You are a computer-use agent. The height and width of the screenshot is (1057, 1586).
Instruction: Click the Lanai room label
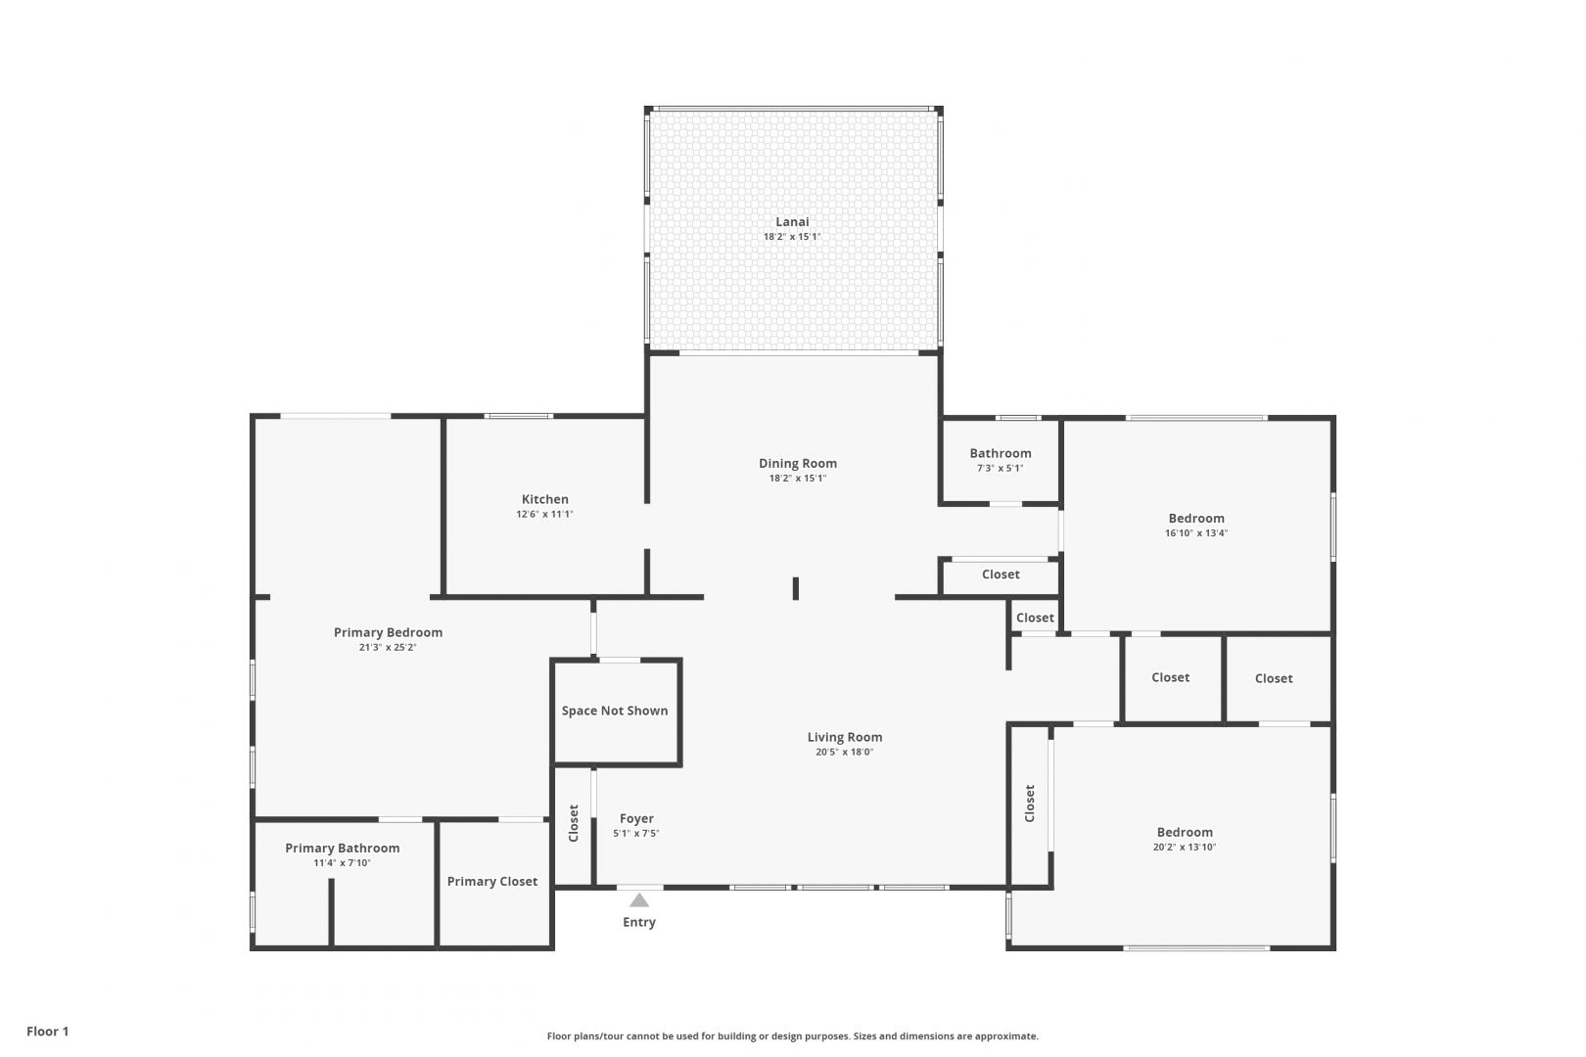792,221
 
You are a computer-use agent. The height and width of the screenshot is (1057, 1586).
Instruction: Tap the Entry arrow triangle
639,899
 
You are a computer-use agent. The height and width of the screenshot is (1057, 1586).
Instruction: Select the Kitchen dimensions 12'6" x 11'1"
544,514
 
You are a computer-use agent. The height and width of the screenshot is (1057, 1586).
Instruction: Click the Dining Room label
798,464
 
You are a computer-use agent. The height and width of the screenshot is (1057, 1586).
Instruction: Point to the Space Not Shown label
615,711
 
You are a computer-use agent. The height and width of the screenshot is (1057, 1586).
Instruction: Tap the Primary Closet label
492,882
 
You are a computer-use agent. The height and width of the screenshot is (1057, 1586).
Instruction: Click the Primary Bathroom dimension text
342,863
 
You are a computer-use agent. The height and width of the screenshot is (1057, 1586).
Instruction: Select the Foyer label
636,818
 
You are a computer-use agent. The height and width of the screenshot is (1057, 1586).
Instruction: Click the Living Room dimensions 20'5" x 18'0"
845,752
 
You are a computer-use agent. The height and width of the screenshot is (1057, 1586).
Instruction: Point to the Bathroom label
1001,453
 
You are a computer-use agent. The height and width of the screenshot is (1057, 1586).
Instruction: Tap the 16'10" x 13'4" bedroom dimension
1196,533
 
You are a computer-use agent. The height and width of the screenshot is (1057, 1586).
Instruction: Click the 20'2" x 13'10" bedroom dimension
1185,847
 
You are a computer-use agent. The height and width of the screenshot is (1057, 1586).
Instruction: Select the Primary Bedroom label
388,632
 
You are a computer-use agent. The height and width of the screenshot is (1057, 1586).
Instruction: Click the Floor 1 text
47,1032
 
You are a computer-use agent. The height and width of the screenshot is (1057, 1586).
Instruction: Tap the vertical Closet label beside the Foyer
574,823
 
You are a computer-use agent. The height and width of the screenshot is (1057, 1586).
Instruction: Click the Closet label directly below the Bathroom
1001,574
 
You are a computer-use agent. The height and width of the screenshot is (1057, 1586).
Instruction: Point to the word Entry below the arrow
639,923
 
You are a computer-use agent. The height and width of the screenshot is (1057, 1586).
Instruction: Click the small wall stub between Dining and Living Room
796,588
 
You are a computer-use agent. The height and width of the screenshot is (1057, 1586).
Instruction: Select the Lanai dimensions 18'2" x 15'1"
792,237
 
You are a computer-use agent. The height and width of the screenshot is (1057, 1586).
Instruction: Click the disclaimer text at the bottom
792,1036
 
